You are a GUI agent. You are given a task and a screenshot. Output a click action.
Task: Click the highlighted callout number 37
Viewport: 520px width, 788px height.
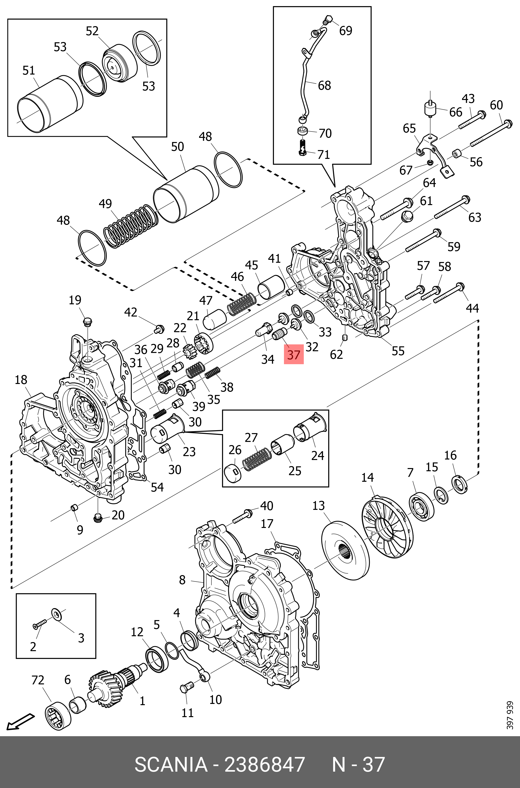pyautogui.click(x=294, y=355)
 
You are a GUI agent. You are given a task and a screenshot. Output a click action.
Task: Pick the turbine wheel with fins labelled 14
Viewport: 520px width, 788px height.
pyautogui.click(x=386, y=527)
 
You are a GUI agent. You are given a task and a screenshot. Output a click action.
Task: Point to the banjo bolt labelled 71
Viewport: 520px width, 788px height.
pyautogui.click(x=302, y=147)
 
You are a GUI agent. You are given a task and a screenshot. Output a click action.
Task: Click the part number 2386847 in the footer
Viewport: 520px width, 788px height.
pyautogui.click(x=265, y=764)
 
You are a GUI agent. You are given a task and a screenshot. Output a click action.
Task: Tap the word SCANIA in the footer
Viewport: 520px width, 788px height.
pyautogui.click(x=171, y=764)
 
